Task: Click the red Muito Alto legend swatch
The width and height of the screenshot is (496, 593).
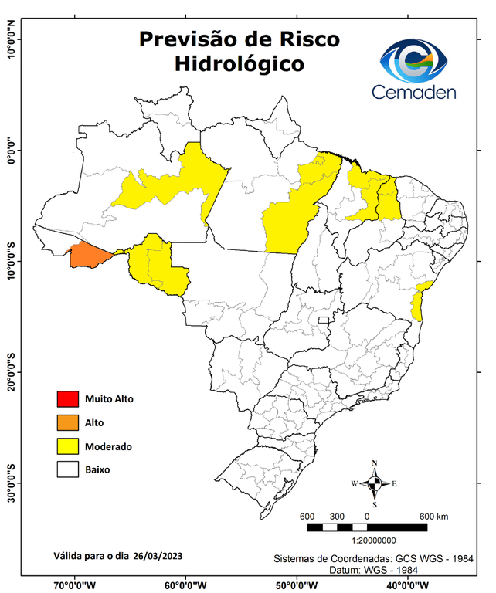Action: (x=67, y=399)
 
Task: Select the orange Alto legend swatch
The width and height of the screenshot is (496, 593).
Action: (x=67, y=422)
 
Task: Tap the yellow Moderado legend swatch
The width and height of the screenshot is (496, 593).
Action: (x=67, y=446)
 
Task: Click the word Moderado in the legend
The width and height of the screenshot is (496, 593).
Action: (x=108, y=446)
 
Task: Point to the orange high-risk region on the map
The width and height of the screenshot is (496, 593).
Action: (x=89, y=256)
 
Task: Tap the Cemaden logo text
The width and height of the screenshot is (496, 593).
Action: (x=414, y=93)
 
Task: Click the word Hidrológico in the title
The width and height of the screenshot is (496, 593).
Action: (x=239, y=63)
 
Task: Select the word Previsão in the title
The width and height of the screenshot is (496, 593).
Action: (x=186, y=39)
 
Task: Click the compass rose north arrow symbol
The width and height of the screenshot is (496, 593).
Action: (x=375, y=483)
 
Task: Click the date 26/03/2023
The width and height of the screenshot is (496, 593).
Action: (x=158, y=555)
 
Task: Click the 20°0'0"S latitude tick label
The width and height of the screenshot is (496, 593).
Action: (x=12, y=372)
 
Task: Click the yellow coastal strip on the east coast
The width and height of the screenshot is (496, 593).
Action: (x=420, y=301)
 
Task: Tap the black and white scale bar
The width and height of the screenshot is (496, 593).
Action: (x=367, y=527)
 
